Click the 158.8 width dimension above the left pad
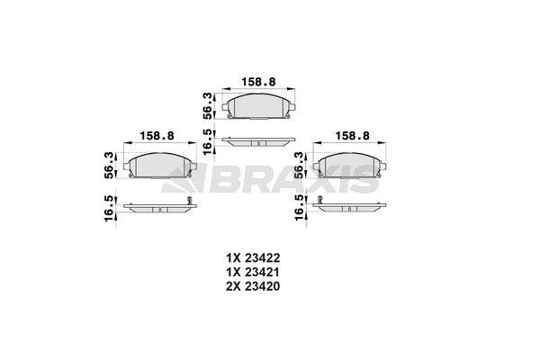pos(158,136)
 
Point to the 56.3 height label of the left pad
pos(109,164)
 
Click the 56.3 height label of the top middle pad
pos(208,104)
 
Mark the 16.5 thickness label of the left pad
pos(109,208)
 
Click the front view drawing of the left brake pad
pos(159,166)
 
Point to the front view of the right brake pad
pos(351,166)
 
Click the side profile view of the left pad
pos(159,206)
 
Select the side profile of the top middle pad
pos(258,140)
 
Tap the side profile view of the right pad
pos(351,206)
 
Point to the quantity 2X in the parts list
pos(235,286)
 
